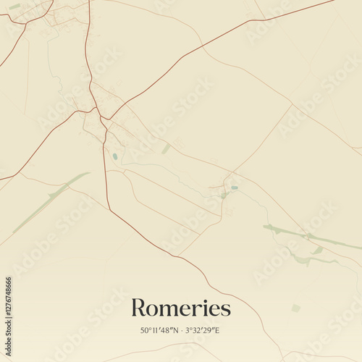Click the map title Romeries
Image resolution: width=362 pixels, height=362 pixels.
(181, 308)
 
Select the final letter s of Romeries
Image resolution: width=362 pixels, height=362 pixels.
(227, 311)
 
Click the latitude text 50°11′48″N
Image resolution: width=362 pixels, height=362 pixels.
(163, 331)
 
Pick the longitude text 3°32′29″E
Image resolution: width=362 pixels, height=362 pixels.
(202, 331)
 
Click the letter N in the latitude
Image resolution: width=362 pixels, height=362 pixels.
(178, 331)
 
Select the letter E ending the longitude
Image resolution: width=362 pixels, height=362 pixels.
(217, 331)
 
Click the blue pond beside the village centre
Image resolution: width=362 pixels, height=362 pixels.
(114, 156)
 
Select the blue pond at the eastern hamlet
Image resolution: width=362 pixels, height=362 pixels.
(235, 188)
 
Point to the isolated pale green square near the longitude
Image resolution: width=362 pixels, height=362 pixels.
(295, 308)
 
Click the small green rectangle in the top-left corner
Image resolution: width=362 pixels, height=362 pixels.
(14, 7)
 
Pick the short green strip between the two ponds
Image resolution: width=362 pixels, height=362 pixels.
(166, 148)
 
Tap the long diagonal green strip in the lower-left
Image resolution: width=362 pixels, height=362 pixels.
(51, 203)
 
